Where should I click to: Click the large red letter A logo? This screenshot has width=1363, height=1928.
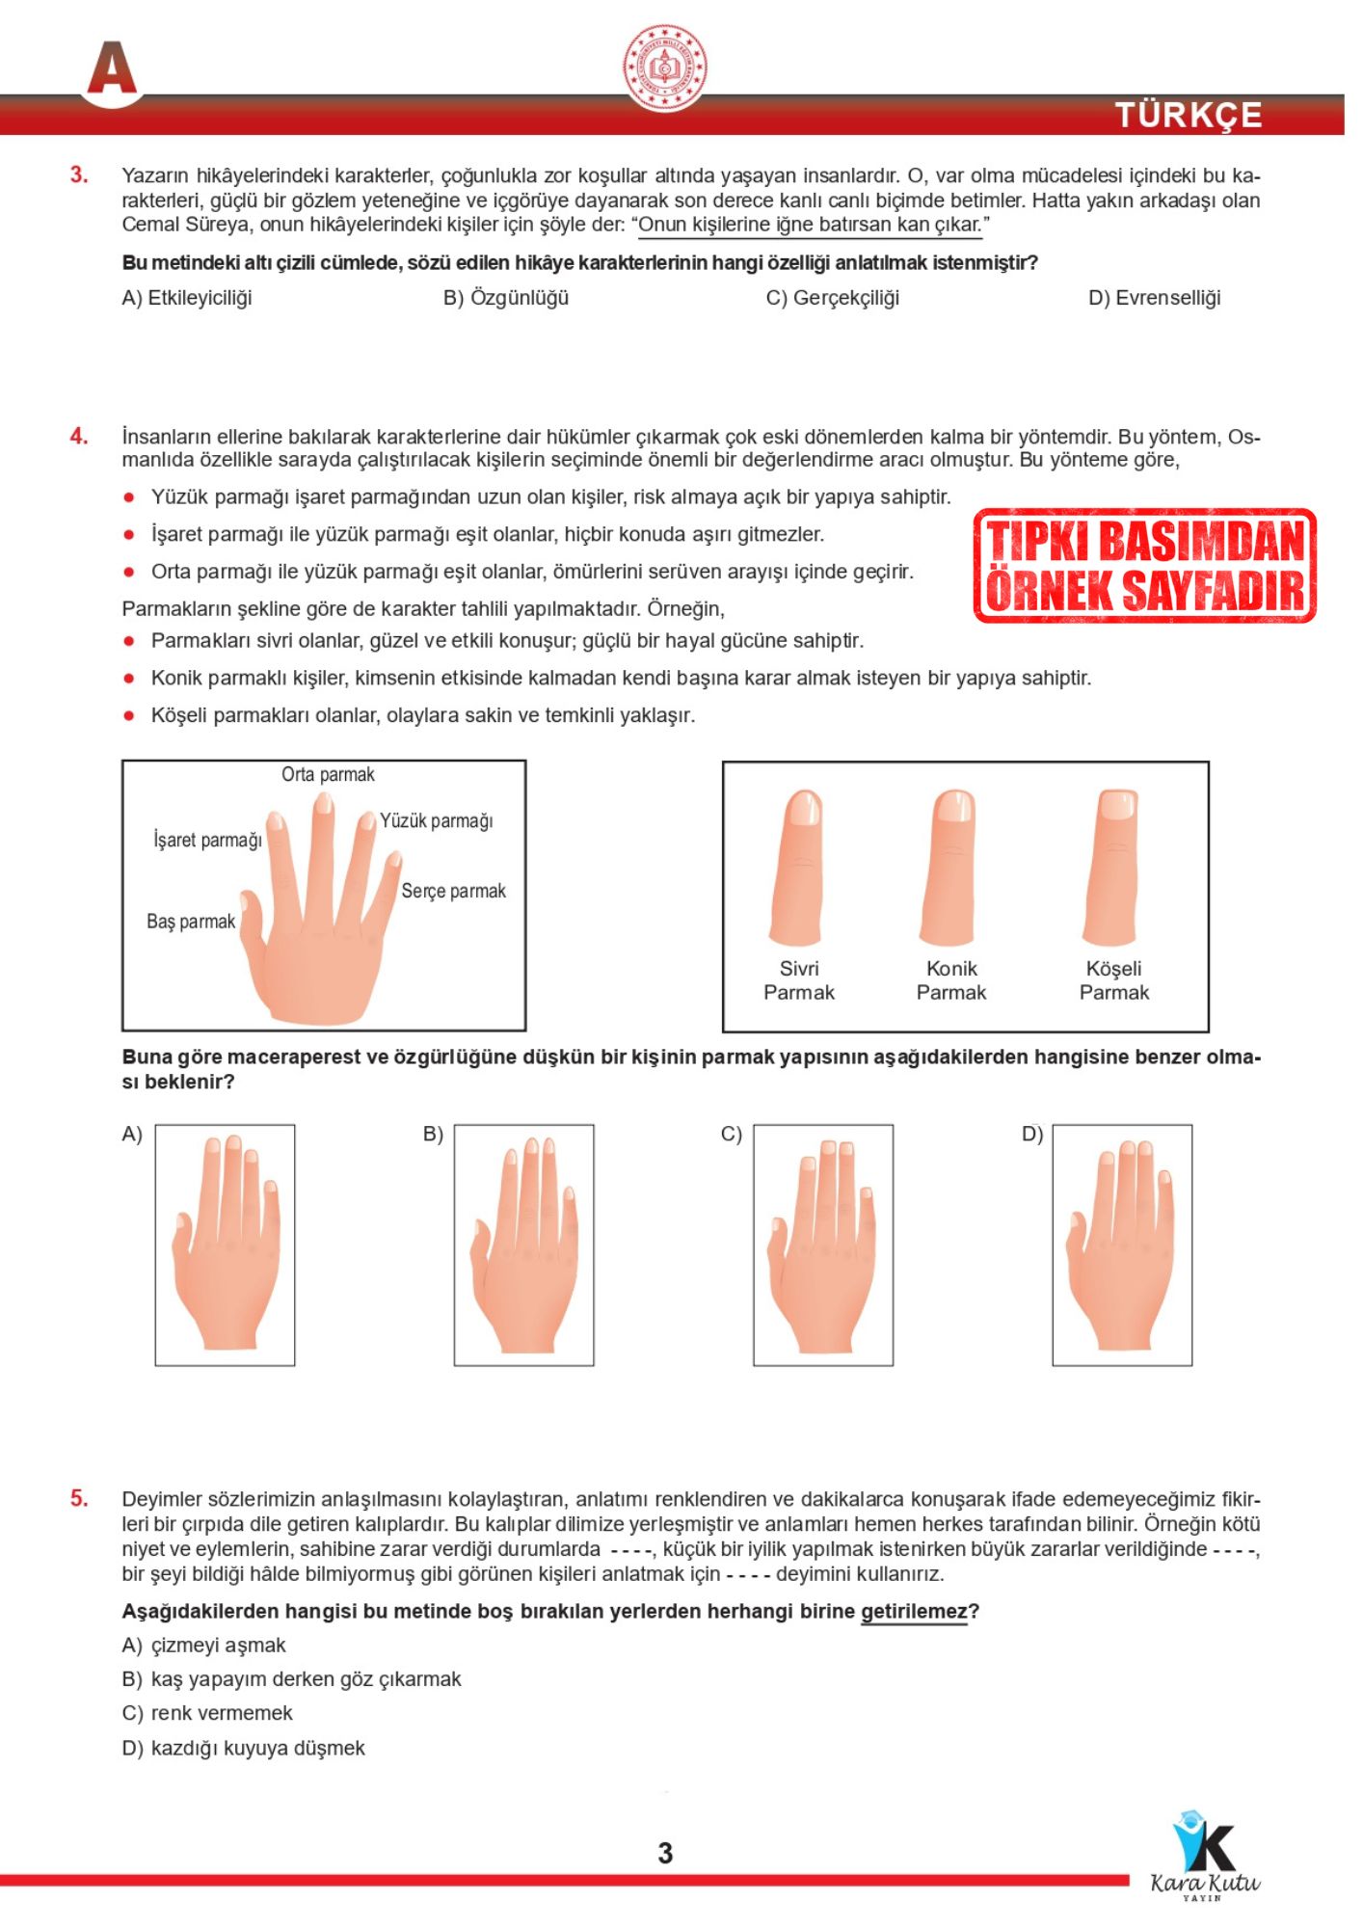[113, 69]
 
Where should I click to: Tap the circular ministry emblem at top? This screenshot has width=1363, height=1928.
[664, 67]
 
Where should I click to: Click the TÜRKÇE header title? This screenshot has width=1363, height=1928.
[1188, 115]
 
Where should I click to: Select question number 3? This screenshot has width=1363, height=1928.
[78, 175]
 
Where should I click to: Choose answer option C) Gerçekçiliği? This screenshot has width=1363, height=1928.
[832, 298]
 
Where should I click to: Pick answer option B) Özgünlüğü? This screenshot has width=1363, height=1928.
[506, 298]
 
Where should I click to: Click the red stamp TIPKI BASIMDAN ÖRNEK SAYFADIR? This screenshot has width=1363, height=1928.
[1144, 566]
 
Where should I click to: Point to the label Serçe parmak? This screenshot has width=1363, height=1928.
[453, 891]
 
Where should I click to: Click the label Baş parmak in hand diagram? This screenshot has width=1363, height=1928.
[191, 922]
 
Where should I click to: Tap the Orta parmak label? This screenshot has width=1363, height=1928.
[328, 774]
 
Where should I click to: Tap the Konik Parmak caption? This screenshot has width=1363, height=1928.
[951, 980]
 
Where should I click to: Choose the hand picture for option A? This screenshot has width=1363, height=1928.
[226, 1245]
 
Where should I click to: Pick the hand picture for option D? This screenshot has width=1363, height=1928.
[1122, 1245]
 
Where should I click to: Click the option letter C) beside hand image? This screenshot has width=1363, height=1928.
[732, 1135]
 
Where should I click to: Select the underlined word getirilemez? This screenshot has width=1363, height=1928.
[914, 1612]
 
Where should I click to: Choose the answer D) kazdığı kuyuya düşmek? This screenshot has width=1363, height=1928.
[245, 1749]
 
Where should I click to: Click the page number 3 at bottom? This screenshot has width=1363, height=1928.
[665, 1853]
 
